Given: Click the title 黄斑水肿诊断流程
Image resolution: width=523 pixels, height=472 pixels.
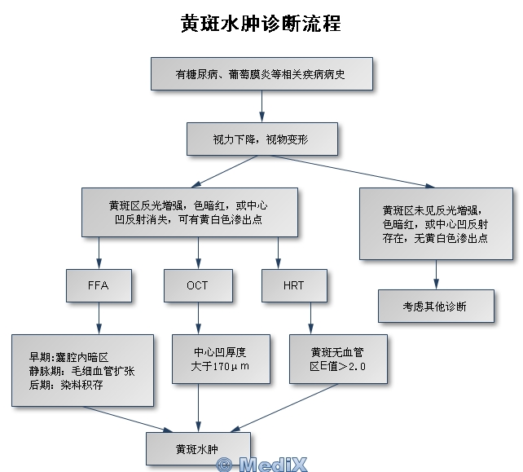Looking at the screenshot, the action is point(261,24).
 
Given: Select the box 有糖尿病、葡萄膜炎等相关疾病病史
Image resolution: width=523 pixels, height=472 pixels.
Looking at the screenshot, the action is point(261,73).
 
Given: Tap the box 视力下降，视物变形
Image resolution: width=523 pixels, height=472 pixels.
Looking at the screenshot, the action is point(262,139).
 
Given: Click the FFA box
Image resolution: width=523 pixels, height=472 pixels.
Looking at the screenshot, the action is point(99,286).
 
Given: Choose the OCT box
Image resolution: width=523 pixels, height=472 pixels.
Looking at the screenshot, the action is point(198,286).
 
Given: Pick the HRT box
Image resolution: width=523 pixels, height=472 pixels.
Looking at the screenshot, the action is point(294,286).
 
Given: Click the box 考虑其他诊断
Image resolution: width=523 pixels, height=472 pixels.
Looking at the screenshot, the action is point(436,306).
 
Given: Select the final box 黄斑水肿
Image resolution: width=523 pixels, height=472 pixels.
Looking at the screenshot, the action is point(198,449).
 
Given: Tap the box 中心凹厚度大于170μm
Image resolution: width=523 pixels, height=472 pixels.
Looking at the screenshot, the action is point(221,360).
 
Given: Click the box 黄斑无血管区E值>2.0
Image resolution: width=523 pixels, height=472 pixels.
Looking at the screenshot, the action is point(338,360).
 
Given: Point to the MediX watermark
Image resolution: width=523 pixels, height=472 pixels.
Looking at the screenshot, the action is point(261,465).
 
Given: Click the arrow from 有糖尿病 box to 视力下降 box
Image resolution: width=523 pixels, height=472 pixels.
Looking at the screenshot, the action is point(261,106).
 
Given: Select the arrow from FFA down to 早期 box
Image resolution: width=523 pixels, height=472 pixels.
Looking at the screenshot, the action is point(99,318).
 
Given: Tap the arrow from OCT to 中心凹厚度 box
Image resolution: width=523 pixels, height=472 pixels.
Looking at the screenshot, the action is point(198,318).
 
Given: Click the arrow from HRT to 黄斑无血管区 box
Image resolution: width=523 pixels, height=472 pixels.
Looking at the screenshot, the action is point(310,318).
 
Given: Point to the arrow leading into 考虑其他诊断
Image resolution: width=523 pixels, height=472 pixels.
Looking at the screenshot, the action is point(436,275).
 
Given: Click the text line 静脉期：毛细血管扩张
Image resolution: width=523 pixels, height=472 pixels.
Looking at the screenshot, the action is point(81,371).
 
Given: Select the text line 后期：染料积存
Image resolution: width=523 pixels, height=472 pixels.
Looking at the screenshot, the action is point(66,385).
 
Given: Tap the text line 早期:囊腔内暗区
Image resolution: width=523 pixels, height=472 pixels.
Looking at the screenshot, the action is point(68,358).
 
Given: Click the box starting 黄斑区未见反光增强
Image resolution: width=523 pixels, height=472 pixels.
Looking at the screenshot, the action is point(436,223).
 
